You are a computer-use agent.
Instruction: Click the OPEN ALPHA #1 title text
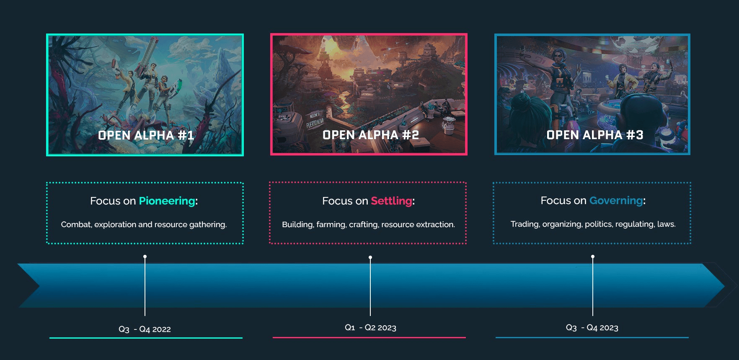(x=146, y=135)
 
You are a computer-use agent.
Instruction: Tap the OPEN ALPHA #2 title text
(x=371, y=135)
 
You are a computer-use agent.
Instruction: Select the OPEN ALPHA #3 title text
(x=595, y=135)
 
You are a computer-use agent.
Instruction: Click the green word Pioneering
(x=167, y=201)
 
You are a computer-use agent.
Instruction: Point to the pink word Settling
(x=391, y=201)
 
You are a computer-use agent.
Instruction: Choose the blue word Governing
(x=616, y=201)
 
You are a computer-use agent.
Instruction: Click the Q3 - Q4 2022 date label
(x=145, y=329)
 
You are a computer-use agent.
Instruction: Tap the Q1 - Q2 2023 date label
(x=370, y=328)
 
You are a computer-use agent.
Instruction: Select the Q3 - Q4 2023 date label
(x=592, y=328)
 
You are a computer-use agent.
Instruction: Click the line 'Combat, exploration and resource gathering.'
(x=144, y=225)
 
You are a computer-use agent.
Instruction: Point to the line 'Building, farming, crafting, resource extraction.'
(x=368, y=225)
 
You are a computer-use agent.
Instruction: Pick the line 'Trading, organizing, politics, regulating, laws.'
(x=593, y=224)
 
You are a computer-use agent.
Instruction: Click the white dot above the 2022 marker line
(x=145, y=256)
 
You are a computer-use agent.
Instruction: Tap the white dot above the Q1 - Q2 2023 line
(x=370, y=257)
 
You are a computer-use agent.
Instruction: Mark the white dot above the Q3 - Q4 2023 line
(x=593, y=256)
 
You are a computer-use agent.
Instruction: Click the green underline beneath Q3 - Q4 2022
(x=146, y=338)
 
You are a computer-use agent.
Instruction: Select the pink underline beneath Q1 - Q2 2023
(x=369, y=337)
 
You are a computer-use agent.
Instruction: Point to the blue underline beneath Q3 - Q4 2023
(x=592, y=337)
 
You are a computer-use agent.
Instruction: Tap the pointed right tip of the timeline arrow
(x=725, y=286)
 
